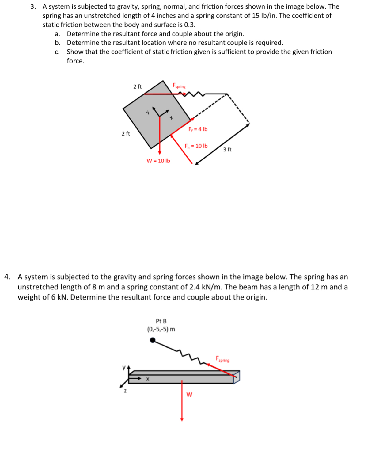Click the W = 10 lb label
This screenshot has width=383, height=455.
click(158, 161)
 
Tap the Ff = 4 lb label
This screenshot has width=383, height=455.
click(198, 129)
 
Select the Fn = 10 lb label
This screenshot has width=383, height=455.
click(196, 146)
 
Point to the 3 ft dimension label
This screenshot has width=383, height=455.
click(227, 150)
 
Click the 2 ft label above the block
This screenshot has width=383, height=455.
click(137, 86)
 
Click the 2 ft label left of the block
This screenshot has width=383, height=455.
click(126, 134)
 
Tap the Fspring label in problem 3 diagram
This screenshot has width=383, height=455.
click(179, 86)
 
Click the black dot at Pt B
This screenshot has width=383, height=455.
click(152, 340)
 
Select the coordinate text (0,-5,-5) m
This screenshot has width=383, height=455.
click(161, 329)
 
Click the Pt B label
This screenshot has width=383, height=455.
click(161, 321)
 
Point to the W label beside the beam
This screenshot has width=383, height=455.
click(189, 395)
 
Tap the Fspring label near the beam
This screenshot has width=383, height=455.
click(222, 359)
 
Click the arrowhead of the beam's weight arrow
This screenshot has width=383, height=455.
click(182, 420)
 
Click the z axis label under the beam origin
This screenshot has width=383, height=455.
click(125, 391)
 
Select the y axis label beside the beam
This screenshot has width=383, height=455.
click(124, 367)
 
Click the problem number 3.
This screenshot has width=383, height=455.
click(33, 6)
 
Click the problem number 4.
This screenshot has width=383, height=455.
click(7, 277)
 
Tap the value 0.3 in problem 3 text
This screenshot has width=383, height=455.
click(189, 25)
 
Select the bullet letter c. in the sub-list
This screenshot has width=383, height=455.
click(57, 52)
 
